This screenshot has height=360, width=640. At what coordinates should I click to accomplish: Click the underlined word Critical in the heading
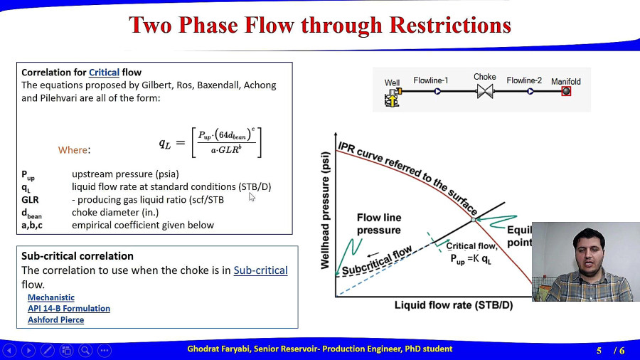pyautogui.click(x=104, y=73)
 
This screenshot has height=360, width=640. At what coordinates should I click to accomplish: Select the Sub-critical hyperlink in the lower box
pyautogui.click(x=260, y=270)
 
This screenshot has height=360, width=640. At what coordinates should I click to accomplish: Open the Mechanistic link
pyautogui.click(x=51, y=297)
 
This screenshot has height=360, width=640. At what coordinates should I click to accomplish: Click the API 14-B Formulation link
pyautogui.click(x=69, y=308)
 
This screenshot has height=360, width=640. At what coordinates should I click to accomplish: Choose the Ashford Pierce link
pyautogui.click(x=56, y=319)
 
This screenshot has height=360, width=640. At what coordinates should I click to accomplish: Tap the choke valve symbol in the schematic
pyautogui.click(x=485, y=91)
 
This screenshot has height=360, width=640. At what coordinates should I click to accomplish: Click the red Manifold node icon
pyautogui.click(x=566, y=91)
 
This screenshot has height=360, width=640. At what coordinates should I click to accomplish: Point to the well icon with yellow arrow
pyautogui.click(x=393, y=97)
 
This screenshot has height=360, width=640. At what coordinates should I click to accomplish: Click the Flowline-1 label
pyautogui.click(x=431, y=80)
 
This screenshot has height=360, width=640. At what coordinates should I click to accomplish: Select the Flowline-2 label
pyautogui.click(x=524, y=80)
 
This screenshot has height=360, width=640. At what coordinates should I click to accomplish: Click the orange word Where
pyautogui.click(x=73, y=150)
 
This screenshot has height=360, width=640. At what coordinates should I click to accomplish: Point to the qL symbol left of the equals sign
pyautogui.click(x=165, y=143)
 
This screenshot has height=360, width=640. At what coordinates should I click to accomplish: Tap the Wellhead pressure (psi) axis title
pyautogui.click(x=325, y=211)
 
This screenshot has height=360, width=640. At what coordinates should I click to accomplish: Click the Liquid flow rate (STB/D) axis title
pyautogui.click(x=454, y=305)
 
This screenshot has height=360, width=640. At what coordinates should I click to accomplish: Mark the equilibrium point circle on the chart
pyautogui.click(x=474, y=220)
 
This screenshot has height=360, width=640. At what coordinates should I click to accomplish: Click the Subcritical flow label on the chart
pyautogui.click(x=377, y=261)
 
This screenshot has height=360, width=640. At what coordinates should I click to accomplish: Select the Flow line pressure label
pyautogui.click(x=379, y=223)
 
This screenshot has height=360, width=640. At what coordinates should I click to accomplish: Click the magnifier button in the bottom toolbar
pyautogui.click(x=85, y=350)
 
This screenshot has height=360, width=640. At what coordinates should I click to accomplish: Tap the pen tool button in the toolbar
pyautogui.click(x=48, y=350)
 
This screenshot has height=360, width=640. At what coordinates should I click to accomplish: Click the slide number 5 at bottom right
pyautogui.click(x=599, y=351)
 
